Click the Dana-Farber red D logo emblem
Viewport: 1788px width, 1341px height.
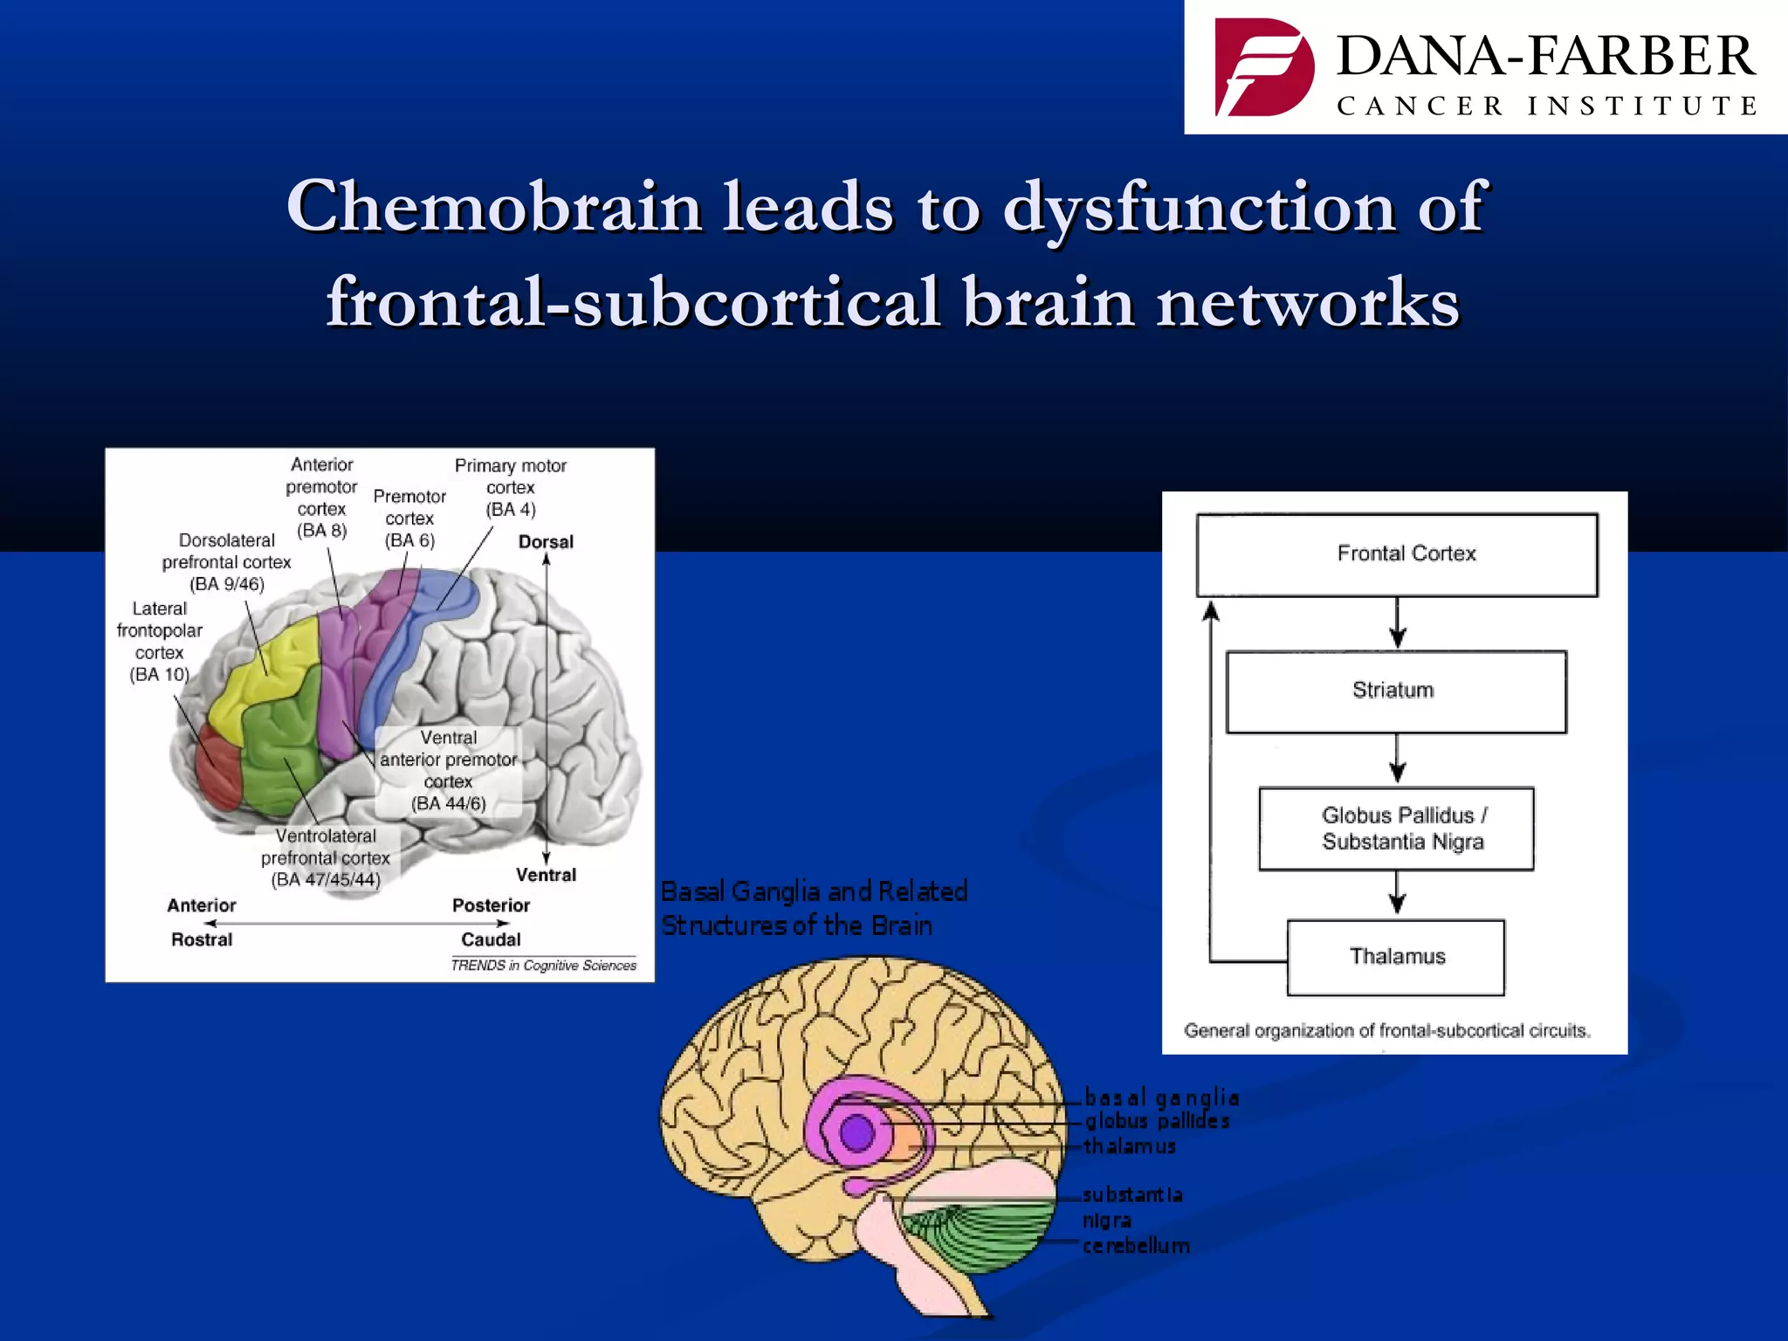pos(1263,68)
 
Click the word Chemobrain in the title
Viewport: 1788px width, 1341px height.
pos(494,208)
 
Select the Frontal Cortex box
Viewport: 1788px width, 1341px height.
pos(1397,554)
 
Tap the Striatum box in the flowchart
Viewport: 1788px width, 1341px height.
pos(1395,691)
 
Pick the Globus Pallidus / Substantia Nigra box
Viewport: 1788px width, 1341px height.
pos(1396,829)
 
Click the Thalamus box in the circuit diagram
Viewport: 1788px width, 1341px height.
pos(1395,957)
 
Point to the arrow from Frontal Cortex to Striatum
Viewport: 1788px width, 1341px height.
pos(1397,623)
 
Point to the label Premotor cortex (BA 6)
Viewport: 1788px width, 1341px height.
pos(409,519)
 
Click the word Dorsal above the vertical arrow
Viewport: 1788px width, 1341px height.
pos(546,541)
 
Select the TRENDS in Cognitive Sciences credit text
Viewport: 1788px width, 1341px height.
pos(543,965)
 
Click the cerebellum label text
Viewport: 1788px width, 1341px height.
pos(1135,1246)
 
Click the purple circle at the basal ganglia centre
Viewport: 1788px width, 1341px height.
pos(856,1133)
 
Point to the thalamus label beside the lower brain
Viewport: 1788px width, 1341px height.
pos(1130,1146)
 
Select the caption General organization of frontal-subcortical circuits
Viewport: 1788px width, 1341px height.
pos(1386,1031)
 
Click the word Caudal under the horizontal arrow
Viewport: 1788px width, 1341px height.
pos(491,939)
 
